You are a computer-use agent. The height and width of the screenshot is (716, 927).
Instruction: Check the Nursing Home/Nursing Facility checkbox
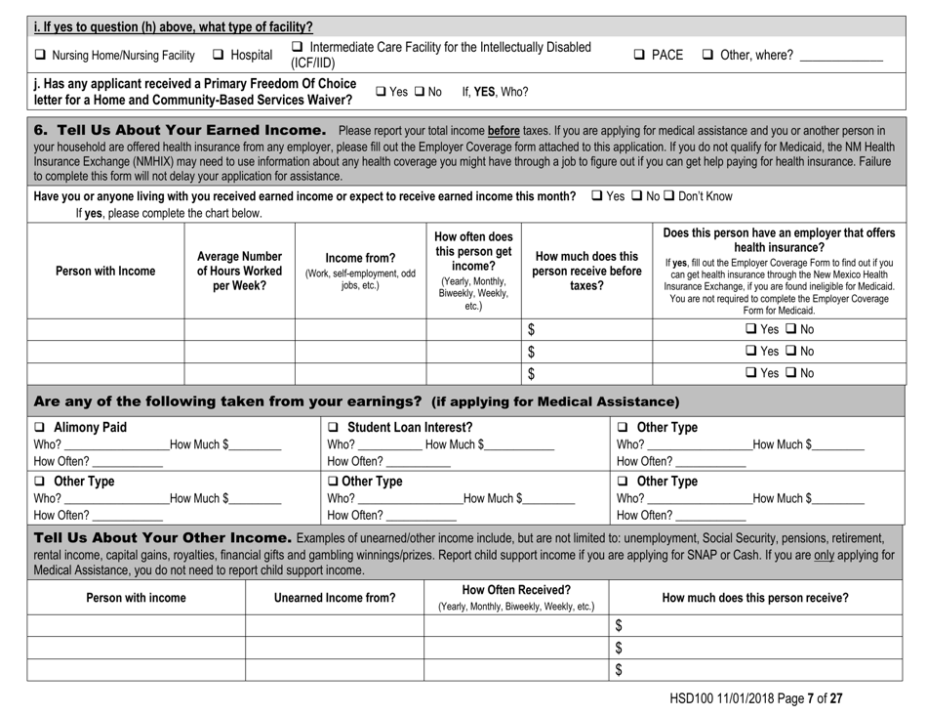coord(17,55)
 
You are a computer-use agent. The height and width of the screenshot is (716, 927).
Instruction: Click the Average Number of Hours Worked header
coord(239,271)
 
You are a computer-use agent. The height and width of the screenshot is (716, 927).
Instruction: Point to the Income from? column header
coord(361,271)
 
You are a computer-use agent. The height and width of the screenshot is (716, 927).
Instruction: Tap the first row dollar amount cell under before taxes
coord(585,330)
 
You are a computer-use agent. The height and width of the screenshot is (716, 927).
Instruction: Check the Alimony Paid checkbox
coord(17,426)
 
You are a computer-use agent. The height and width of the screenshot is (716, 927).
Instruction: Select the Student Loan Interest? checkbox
coord(335,426)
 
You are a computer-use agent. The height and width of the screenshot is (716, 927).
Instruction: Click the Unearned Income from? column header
coord(335,597)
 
